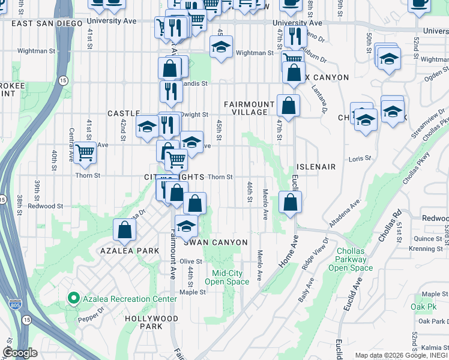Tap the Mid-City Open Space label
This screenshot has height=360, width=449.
226,277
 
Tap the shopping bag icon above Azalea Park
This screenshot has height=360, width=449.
124,229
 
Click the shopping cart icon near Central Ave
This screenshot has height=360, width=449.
85,153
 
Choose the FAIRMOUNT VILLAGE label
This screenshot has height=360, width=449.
246,108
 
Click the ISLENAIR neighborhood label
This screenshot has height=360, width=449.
315,166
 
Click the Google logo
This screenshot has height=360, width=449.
20,353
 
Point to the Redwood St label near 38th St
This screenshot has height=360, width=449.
45,206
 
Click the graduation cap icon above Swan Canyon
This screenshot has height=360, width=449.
187,226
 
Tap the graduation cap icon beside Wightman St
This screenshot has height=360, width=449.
221,47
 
